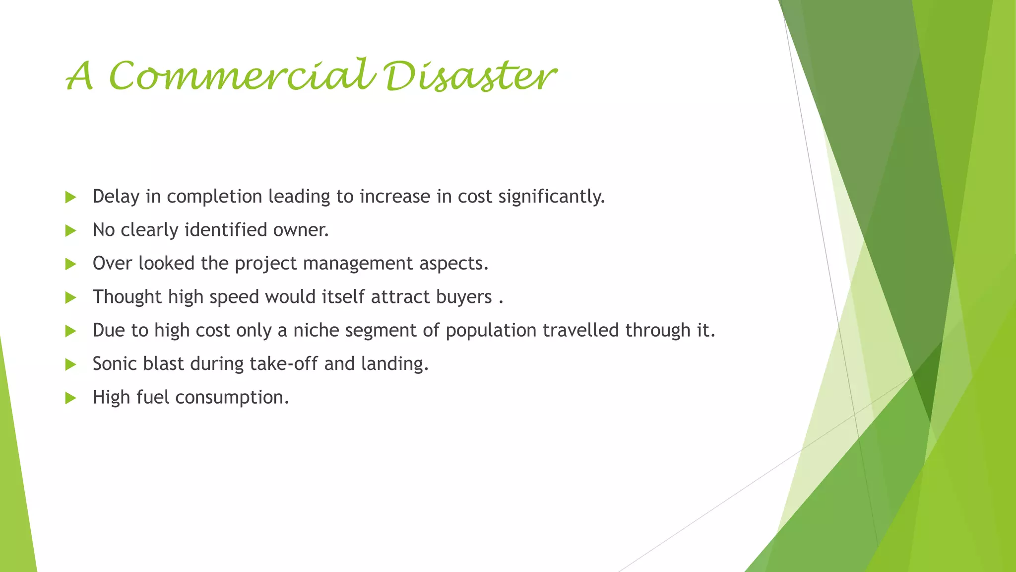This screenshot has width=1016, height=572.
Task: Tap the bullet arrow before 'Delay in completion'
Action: click(70, 197)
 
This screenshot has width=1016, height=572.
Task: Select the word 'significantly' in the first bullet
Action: click(551, 197)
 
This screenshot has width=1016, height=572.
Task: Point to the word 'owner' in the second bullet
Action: click(301, 230)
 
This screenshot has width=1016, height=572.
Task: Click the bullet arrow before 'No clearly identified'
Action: click(70, 230)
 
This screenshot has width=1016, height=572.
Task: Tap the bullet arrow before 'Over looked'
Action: click(70, 264)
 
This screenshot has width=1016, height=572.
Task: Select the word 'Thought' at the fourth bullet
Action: click(127, 297)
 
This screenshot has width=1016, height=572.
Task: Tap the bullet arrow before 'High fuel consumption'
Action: click(70, 398)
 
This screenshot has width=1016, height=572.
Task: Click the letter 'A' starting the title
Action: click(80, 77)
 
